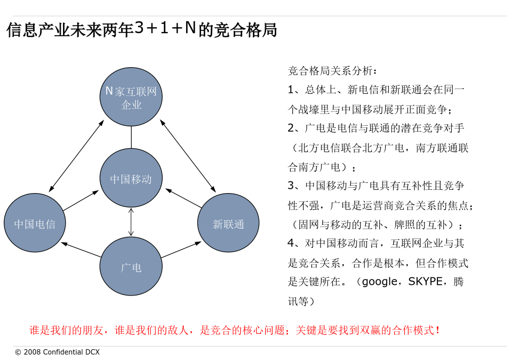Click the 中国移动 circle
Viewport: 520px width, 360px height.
[131, 178]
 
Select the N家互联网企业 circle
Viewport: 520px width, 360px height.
[131, 97]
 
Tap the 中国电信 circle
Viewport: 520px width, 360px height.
[35, 223]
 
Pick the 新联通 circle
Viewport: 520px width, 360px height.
[228, 223]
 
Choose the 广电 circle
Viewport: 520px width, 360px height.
[131, 266]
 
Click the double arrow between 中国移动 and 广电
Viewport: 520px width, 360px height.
[131, 222]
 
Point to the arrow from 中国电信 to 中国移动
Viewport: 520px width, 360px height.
[81, 201]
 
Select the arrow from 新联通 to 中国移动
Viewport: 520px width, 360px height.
[183, 198]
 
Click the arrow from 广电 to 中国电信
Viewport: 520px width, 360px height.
[81, 250]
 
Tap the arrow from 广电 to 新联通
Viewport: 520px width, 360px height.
[181, 249]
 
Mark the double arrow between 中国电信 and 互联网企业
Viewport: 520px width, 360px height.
[76, 156]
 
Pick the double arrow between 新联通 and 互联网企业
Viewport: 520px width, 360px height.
[188, 156]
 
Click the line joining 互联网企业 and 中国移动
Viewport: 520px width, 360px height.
[131, 137]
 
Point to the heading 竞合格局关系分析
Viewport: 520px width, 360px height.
[330, 70]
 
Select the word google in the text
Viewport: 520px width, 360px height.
[379, 282]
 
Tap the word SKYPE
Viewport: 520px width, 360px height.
[425, 282]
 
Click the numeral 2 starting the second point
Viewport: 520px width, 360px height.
[291, 128]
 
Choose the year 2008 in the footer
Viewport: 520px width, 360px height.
[33, 352]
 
